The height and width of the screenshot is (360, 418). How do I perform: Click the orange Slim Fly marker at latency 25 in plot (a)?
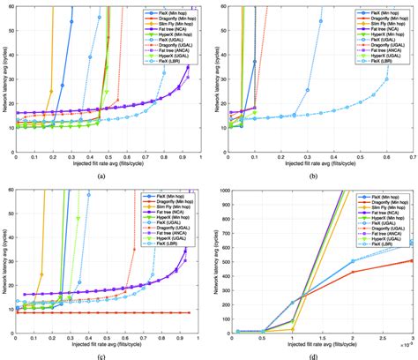tap(50, 90)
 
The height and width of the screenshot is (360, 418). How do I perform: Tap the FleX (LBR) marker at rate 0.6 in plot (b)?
tap(385, 79)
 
